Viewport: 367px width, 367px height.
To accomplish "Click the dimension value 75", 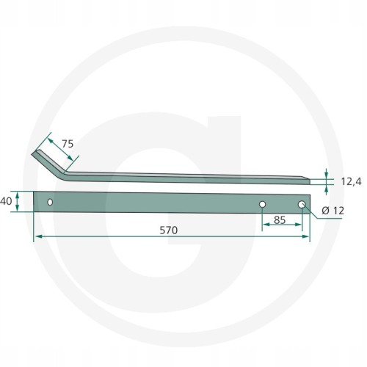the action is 68,144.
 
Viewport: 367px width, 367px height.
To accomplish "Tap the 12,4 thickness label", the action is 351,182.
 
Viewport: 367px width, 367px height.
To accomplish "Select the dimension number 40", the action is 6,201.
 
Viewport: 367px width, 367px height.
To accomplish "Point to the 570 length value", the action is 169,230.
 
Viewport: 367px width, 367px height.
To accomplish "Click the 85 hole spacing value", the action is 280,220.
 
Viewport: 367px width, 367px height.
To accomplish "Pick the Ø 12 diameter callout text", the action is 333,211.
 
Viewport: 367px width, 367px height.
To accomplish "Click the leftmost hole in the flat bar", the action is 50,203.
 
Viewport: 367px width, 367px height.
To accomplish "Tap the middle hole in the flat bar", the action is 262,204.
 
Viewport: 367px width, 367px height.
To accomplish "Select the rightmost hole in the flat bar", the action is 302,205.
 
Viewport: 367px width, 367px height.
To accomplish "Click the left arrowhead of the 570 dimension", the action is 39,236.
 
